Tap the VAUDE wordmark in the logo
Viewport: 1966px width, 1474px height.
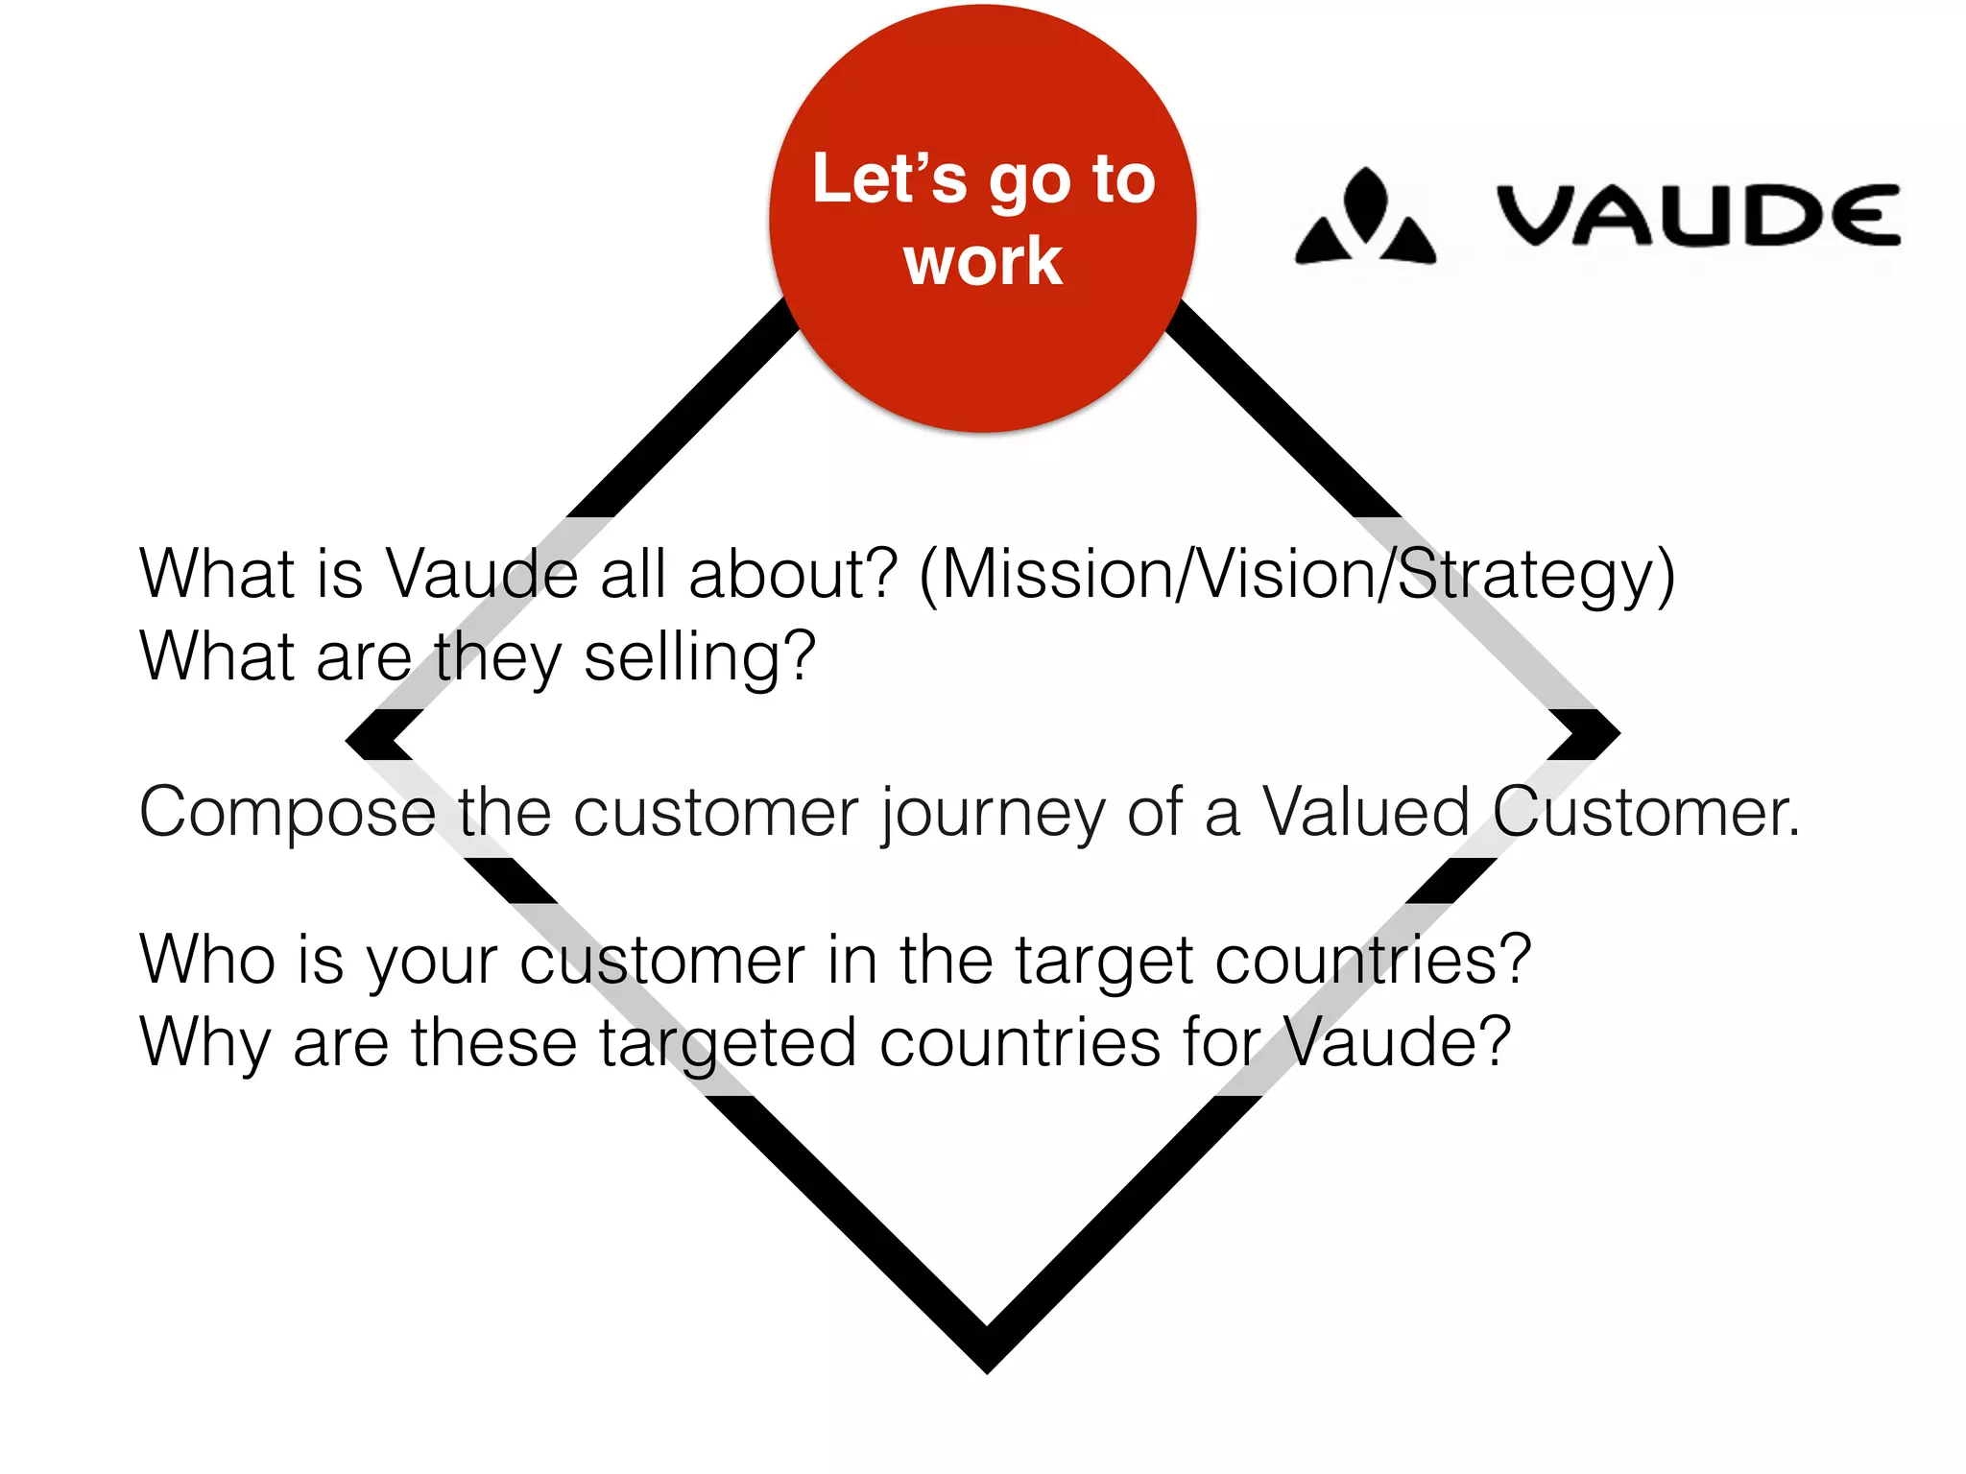(x=1697, y=215)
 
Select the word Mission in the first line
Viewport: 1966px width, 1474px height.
(x=1057, y=574)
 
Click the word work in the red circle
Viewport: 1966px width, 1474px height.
(x=983, y=261)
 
